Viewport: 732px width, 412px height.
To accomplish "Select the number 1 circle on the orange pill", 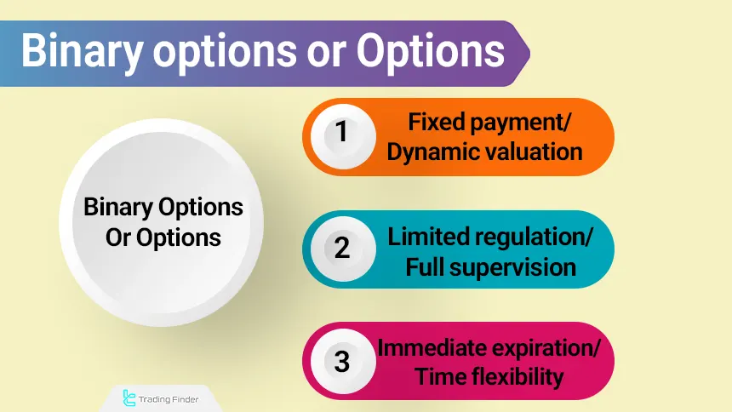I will point(341,135).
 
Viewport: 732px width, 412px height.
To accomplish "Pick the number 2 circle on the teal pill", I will point(341,249).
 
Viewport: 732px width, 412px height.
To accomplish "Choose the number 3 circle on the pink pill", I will point(341,361).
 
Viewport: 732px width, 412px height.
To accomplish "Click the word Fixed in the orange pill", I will point(434,123).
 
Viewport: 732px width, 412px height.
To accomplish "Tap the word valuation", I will point(534,152).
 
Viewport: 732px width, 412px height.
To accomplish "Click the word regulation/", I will point(535,237).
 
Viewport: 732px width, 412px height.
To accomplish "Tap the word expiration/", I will point(540,347).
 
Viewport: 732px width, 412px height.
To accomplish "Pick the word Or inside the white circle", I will point(117,237).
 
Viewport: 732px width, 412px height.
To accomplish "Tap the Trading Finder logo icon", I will point(129,397).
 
